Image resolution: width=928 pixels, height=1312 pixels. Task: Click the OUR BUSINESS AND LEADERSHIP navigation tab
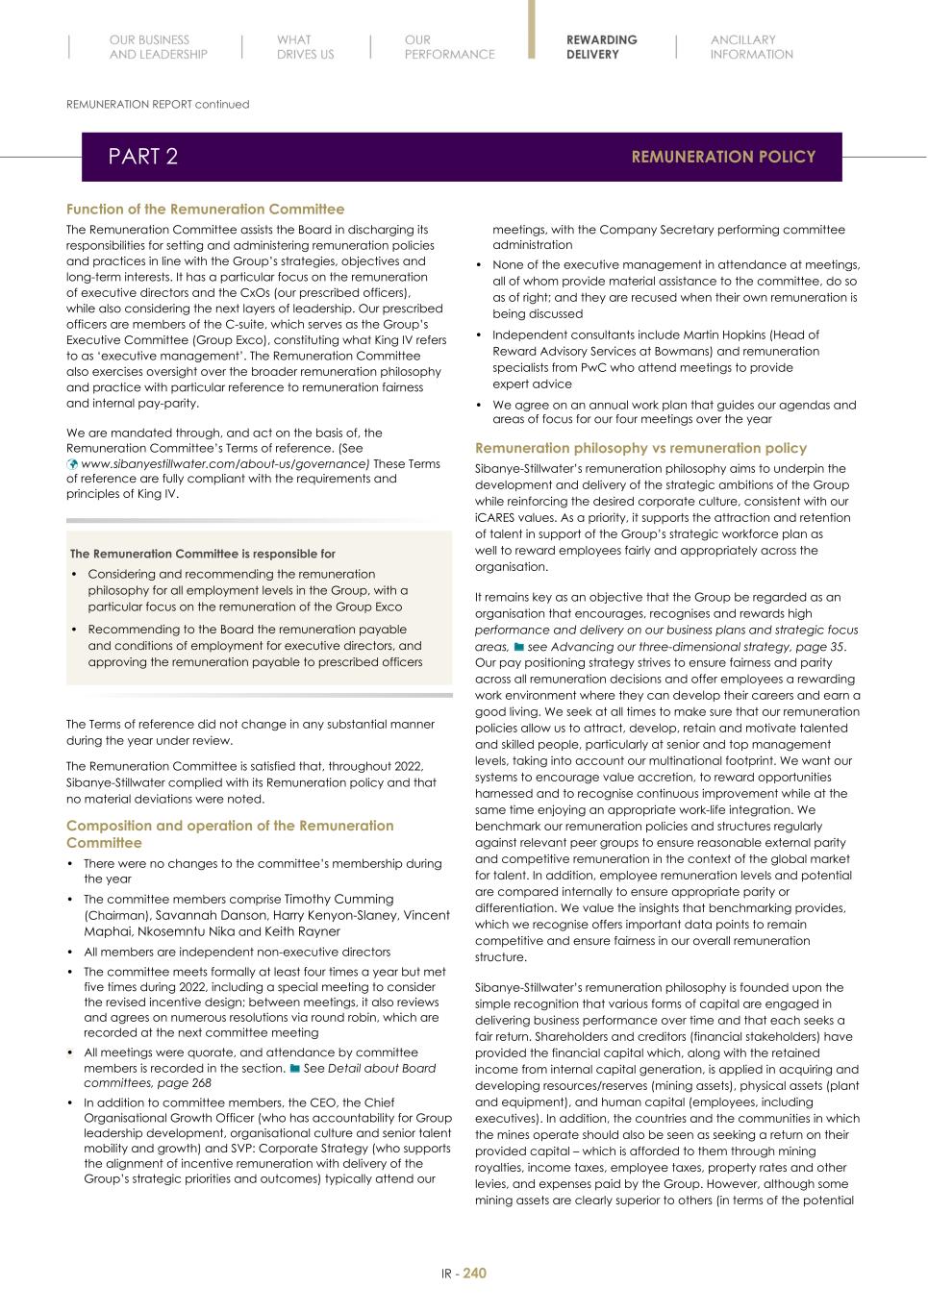158,47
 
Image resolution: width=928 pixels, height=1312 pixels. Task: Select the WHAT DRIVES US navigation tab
305,47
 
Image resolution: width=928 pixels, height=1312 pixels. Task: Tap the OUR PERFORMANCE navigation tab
449,47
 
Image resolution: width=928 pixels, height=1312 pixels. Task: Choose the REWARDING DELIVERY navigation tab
601,47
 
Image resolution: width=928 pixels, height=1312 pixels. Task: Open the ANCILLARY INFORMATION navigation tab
751,47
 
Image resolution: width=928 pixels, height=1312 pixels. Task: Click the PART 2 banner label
142,157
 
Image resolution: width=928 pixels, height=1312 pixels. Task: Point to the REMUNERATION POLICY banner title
723,157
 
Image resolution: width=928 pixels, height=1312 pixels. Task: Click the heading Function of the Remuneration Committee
205,209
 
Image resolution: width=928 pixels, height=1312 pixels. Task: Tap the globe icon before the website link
72,463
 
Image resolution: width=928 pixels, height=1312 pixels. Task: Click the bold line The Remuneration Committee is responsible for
203,554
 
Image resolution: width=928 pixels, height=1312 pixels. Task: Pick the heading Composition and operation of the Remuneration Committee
230,833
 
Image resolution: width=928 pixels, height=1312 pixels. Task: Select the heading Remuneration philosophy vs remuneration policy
640,448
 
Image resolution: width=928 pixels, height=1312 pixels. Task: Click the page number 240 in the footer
474,1273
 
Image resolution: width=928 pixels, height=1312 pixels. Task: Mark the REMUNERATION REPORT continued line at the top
158,104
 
